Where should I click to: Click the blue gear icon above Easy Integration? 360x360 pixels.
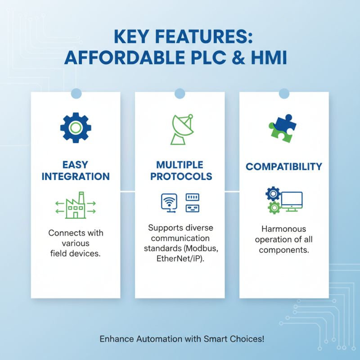click(x=76, y=128)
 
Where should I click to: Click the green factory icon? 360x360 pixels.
click(x=76, y=206)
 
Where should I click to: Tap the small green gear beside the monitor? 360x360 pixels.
click(x=273, y=207)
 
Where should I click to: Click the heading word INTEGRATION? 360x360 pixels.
click(x=76, y=176)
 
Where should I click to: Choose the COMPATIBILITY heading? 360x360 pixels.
click(x=284, y=167)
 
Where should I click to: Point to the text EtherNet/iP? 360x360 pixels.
click(x=178, y=258)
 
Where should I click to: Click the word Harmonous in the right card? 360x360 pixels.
click(x=284, y=229)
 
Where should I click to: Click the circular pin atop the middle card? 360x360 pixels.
click(x=180, y=94)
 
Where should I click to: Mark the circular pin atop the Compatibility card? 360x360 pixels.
click(x=284, y=94)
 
